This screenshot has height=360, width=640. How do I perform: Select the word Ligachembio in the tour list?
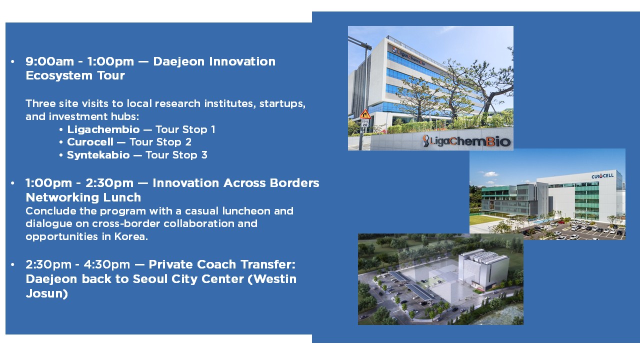103,129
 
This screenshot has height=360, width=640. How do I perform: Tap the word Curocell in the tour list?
90,142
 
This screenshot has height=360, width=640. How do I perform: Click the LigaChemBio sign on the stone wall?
466,141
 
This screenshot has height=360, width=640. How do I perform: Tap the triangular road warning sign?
365,114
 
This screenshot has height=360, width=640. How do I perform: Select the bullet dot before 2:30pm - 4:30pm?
12,264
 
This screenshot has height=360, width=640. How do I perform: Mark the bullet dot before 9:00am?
12,62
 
